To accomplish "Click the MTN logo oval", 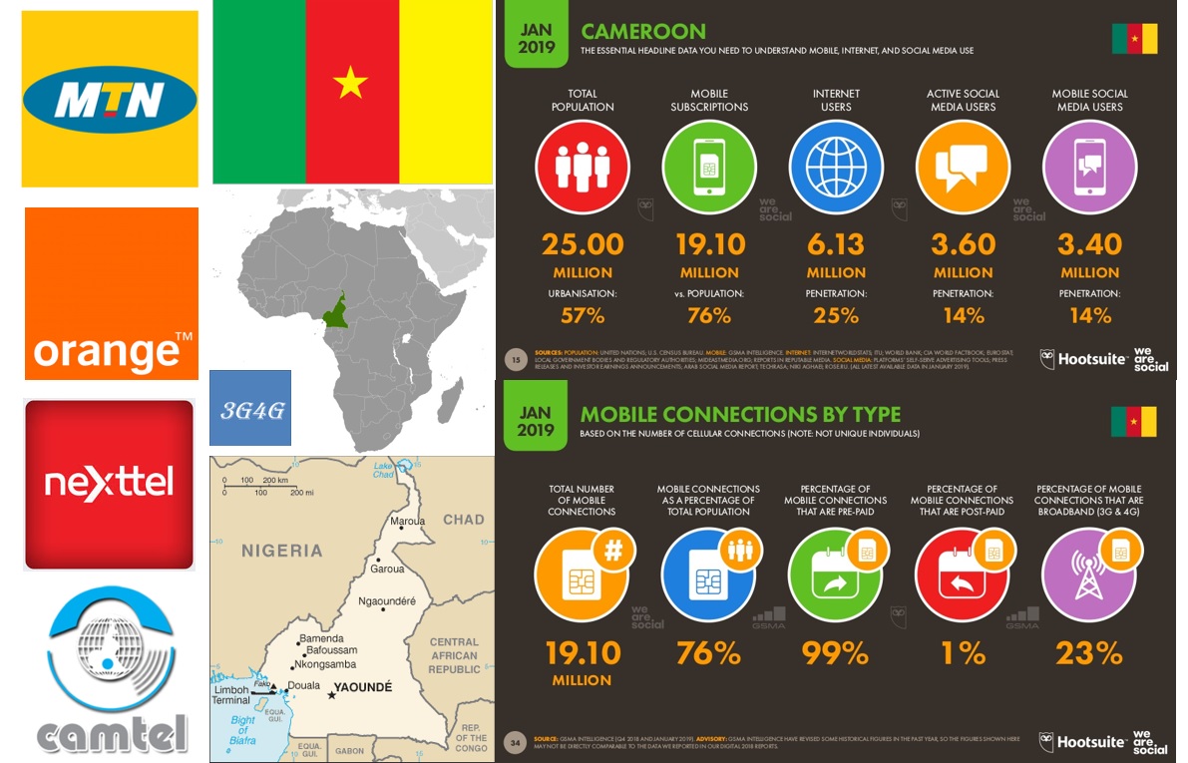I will (110, 100).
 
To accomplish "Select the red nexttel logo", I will (109, 484).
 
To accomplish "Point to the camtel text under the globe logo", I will (112, 734).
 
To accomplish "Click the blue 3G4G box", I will (249, 407).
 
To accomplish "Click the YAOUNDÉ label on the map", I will (363, 688).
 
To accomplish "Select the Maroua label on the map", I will (407, 521).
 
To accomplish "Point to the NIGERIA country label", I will (282, 551).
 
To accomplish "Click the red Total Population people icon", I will (583, 167).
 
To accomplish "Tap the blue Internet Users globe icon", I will (836, 167).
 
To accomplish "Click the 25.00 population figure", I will (583, 244).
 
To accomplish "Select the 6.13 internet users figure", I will (836, 244).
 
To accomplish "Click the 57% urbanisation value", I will (583, 315).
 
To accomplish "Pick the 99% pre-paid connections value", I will (836, 653).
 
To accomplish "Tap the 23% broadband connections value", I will (1089, 653).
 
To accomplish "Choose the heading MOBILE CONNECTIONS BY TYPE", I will (740, 415).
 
